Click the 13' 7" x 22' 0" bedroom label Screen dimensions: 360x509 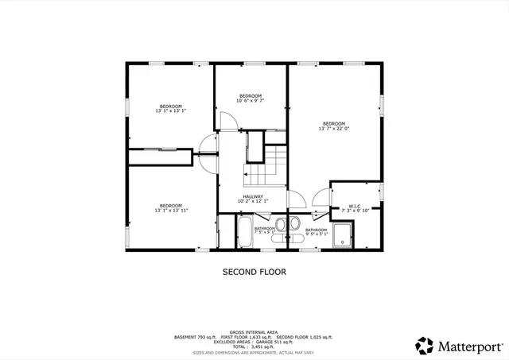(333, 126)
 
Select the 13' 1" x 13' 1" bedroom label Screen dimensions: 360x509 (170, 109)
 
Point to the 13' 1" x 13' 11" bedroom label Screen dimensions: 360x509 (170, 208)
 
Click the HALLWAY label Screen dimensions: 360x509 (254, 199)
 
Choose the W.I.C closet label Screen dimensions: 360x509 (351, 209)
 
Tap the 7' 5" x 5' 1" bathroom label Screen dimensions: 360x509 (265, 231)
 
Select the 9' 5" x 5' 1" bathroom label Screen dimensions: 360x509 (317, 232)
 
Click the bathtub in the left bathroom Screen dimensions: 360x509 (243, 233)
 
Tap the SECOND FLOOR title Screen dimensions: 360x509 (254, 272)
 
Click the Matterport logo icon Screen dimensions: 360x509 (424, 346)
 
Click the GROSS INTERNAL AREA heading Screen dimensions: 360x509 (254, 332)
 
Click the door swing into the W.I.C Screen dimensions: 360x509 (321, 195)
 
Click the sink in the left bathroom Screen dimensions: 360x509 (281, 223)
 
